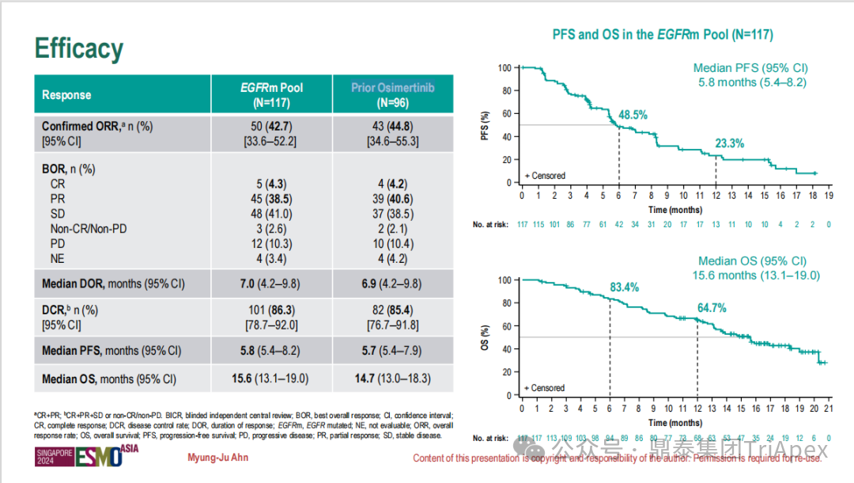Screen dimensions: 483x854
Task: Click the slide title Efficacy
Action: pyautogui.click(x=79, y=49)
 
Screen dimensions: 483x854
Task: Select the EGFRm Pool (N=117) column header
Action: pyautogui.click(x=271, y=95)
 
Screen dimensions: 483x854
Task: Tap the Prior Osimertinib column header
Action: pyautogui.click(x=392, y=95)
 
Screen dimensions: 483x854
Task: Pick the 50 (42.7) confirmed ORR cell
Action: pyautogui.click(x=271, y=126)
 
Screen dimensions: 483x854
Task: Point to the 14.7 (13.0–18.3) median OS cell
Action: pyautogui.click(x=392, y=379)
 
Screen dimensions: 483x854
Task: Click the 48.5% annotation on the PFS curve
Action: pyautogui.click(x=633, y=116)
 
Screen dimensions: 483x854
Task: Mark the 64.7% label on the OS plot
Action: pyautogui.click(x=711, y=307)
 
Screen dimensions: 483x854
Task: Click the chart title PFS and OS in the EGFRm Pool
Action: pyautogui.click(x=662, y=35)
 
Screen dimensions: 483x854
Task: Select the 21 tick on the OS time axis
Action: pyautogui.click(x=828, y=409)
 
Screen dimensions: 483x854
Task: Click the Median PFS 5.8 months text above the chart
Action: pyautogui.click(x=751, y=75)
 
